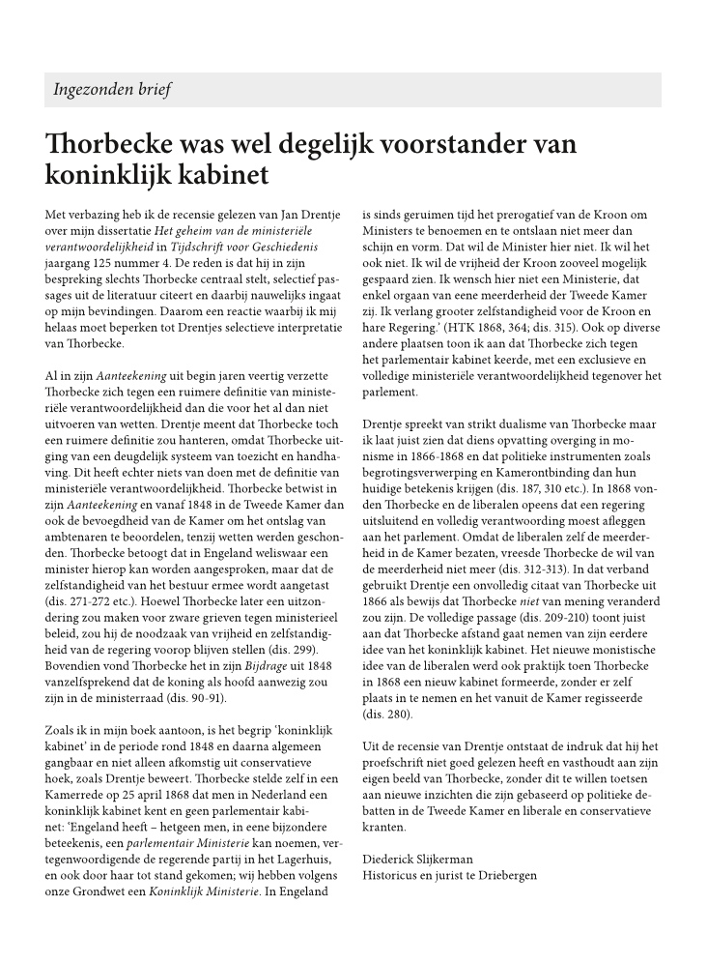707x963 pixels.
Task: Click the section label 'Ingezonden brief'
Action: tap(112, 90)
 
